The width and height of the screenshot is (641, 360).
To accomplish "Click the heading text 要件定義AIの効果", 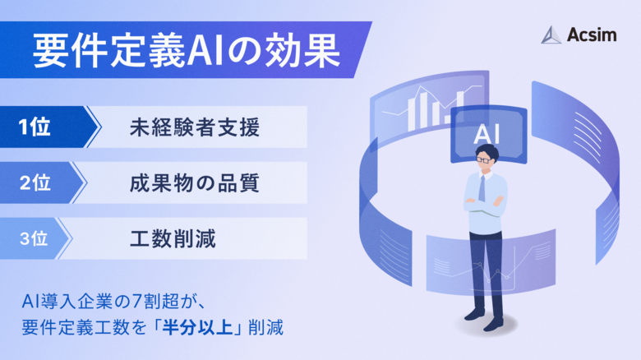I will [186, 51].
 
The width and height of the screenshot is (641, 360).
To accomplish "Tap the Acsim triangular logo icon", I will [551, 35].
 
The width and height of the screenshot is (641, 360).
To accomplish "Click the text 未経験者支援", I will [194, 127].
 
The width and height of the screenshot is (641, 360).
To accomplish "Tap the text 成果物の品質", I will [194, 182].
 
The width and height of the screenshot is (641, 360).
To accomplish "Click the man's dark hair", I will [486, 150].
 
